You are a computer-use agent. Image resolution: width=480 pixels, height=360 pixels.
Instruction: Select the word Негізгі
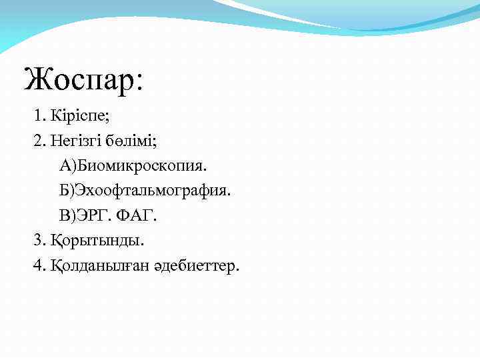pyautogui.click(x=73, y=141)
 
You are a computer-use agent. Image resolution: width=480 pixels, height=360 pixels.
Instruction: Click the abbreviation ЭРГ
pyautogui.click(x=95, y=216)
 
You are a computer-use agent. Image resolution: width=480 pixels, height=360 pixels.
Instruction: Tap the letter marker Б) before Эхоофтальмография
pyautogui.click(x=67, y=191)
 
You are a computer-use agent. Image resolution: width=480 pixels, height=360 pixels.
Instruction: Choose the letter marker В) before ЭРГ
pyautogui.click(x=67, y=216)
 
